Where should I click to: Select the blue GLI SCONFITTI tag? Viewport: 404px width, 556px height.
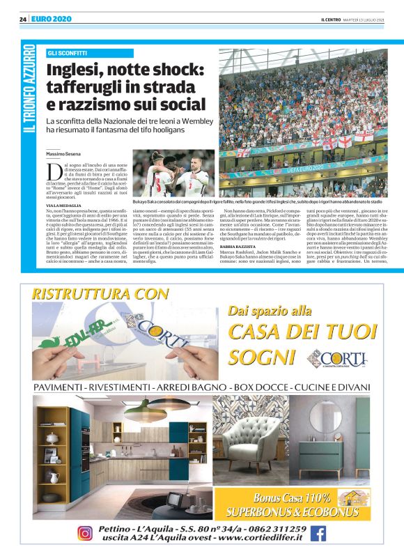click(x=68, y=53)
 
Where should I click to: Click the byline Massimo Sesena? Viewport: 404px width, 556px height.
click(x=65, y=153)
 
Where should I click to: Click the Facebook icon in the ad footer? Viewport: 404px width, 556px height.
click(x=318, y=533)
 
